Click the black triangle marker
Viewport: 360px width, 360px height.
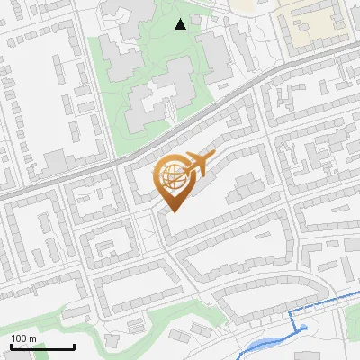click(181, 24)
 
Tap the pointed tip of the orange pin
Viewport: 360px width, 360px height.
click(172, 211)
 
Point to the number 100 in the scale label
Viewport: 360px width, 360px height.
click(19, 338)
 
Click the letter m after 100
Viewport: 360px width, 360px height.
click(32, 338)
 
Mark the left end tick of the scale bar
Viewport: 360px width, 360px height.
click(11, 346)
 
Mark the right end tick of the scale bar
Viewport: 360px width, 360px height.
click(74, 346)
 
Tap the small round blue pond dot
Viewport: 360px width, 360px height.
click(303, 328)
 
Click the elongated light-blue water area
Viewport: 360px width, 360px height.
click(270, 343)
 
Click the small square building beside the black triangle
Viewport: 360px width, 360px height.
click(195, 19)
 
